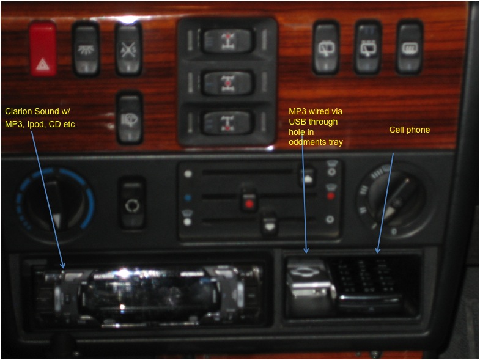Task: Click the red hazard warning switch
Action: tap(43, 48)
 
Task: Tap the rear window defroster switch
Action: tap(410, 48)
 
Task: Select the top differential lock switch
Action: tap(227, 40)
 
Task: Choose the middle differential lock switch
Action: tap(227, 83)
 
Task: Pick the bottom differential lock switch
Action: tap(227, 122)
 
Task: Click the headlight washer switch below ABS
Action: tap(130, 118)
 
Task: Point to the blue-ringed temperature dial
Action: tap(56, 204)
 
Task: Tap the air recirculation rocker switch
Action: tap(132, 203)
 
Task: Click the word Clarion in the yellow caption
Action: tap(19, 111)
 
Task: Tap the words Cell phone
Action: tap(409, 130)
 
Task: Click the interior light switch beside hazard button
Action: tap(86, 49)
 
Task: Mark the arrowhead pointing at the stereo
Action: tap(62, 265)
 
